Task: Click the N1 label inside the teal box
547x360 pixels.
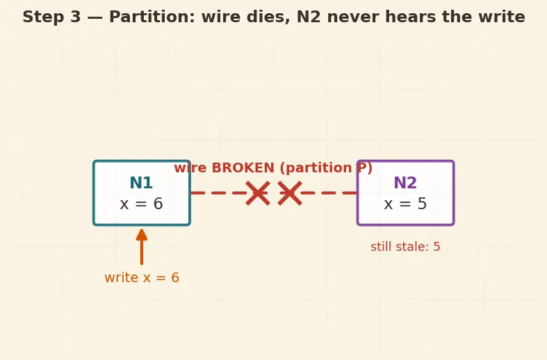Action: pyautogui.click(x=141, y=183)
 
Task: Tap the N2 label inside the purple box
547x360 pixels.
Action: pyautogui.click(x=405, y=183)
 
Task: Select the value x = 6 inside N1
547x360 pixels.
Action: pyautogui.click(x=141, y=204)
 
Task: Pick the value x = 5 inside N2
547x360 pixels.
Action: pyautogui.click(x=405, y=204)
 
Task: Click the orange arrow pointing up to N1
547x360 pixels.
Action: pyautogui.click(x=142, y=247)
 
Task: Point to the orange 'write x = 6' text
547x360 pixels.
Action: pyautogui.click(x=142, y=278)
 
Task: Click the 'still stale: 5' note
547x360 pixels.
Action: pyautogui.click(x=405, y=247)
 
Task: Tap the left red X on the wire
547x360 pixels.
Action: pyautogui.click(x=258, y=193)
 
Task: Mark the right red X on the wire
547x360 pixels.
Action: pyautogui.click(x=290, y=193)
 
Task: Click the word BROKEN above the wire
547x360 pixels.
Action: pyautogui.click(x=243, y=167)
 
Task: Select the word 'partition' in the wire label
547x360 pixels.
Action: pyautogui.click(x=318, y=168)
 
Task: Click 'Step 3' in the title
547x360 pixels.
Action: pyautogui.click(x=51, y=17)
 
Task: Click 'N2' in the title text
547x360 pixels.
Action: pyautogui.click(x=309, y=17)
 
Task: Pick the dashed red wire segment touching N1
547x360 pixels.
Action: pyautogui.click(x=218, y=193)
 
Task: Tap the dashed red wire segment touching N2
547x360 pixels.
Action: pyautogui.click(x=329, y=193)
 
